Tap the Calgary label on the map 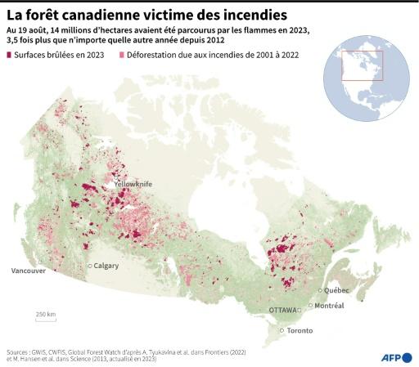pos(106,266)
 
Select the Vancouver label pos(27,271)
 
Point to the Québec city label pos(337,290)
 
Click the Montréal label pos(328,306)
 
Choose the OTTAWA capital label pos(283,311)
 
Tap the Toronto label pos(300,331)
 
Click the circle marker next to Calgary pos(90,266)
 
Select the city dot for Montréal pos(311,306)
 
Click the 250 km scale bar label pos(45,314)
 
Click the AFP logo pos(396,357)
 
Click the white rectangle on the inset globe pos(362,65)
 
